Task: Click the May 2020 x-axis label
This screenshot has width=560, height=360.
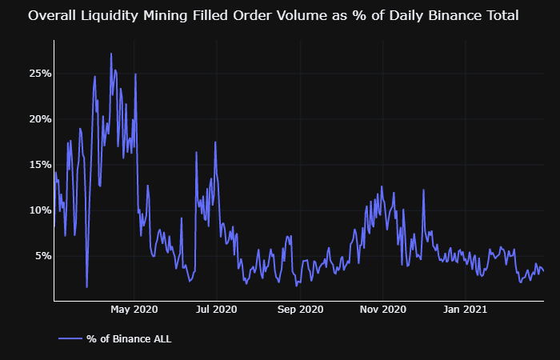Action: [134, 309]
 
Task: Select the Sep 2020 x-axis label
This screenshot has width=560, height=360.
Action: [299, 309]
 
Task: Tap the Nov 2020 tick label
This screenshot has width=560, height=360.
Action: [382, 309]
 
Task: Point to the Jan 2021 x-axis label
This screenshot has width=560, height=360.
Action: [465, 309]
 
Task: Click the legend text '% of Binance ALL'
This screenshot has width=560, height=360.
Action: [129, 339]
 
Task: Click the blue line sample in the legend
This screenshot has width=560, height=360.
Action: [70, 339]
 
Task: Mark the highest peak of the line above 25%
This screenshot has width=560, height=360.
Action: [111, 54]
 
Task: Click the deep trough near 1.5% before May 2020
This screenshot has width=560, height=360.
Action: [86, 286]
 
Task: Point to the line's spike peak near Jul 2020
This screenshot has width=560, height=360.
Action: [215, 142]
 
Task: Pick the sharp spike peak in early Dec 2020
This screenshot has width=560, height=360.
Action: [423, 190]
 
